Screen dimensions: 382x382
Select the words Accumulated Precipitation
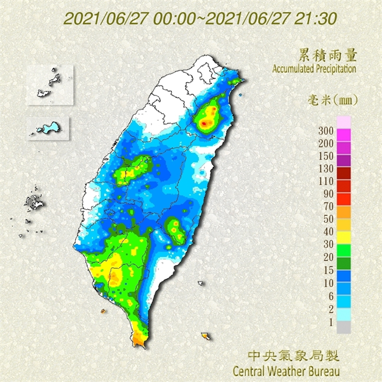tap(314, 69)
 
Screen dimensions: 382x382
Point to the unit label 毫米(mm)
tap(332, 100)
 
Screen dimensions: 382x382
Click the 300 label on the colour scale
tap(326, 130)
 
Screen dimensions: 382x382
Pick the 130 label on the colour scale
tap(326, 168)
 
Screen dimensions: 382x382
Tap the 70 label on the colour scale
tap(328, 206)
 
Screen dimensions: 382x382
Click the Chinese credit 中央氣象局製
tap(293, 355)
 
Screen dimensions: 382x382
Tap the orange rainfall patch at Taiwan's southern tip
tap(139, 338)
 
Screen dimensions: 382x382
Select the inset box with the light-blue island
tap(48, 127)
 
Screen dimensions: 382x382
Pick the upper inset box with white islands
tap(51, 84)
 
